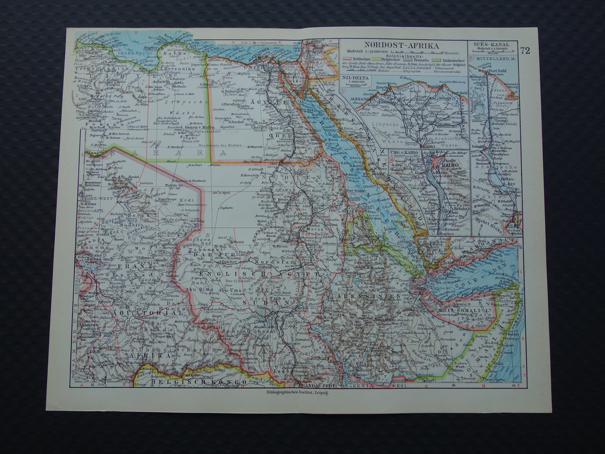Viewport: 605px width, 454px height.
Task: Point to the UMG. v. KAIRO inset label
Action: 404,152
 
